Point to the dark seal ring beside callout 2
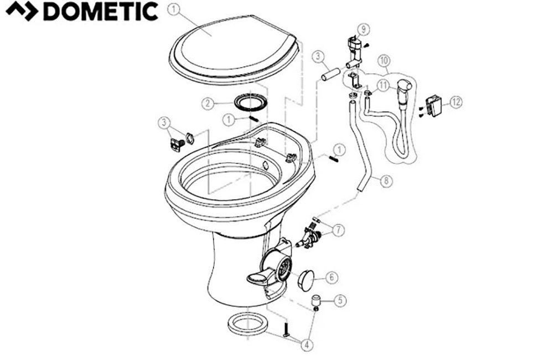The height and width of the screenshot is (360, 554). (x=250, y=104)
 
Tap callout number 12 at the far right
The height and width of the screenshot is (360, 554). (x=456, y=102)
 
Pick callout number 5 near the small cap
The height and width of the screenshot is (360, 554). (x=340, y=302)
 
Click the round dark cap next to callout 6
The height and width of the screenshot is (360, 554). (x=307, y=279)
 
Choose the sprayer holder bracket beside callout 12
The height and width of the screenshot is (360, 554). (x=434, y=105)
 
